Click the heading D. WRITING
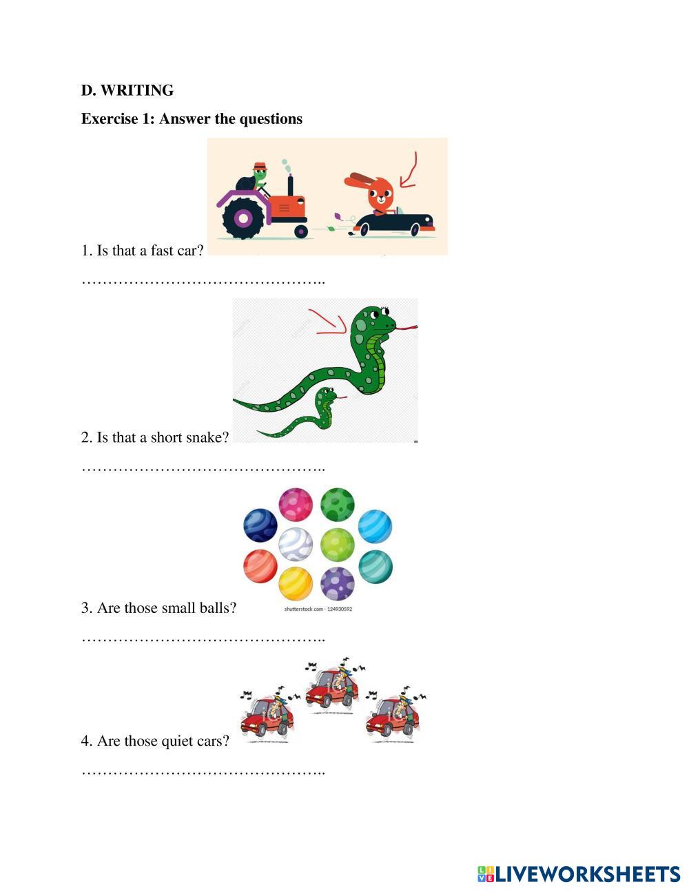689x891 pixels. [x=127, y=90]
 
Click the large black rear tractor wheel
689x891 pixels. [x=243, y=218]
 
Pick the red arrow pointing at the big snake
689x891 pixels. [x=327, y=322]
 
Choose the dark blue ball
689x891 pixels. [x=260, y=526]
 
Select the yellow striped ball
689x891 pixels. [x=296, y=584]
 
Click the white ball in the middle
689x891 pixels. [x=296, y=544]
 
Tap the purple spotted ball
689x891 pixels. [x=338, y=584]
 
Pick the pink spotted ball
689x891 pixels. [x=296, y=505]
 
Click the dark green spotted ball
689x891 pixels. [x=338, y=505]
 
